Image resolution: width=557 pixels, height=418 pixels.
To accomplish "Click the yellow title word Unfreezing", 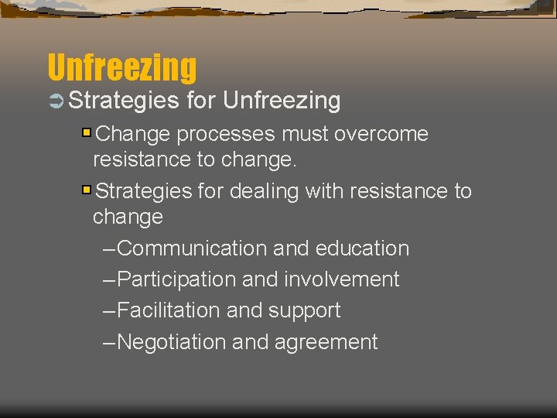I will [122, 67].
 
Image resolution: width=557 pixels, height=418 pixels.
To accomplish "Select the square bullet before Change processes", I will [87, 133].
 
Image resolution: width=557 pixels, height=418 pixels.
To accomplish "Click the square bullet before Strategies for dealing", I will [87, 190].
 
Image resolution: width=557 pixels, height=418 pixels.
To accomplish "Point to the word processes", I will [225, 135].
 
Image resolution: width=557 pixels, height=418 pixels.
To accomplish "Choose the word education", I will [361, 248].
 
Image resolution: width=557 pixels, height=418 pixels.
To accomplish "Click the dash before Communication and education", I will [109, 249].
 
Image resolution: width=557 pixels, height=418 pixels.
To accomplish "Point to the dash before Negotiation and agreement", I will [109, 342].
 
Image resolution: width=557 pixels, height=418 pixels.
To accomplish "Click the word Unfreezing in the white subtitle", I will [282, 101].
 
